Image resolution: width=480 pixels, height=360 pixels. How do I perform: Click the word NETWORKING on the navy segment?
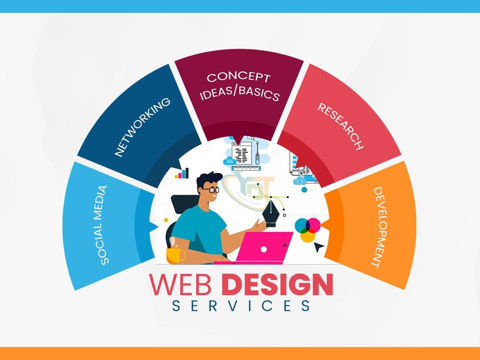142,127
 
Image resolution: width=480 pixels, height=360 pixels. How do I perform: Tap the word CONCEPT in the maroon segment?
238,77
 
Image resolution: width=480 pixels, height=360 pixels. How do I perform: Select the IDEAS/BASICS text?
239,94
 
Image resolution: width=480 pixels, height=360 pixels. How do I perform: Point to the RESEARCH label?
340,126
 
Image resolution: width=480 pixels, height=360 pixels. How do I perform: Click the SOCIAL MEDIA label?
99,225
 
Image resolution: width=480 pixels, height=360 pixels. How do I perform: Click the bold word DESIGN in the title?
277,284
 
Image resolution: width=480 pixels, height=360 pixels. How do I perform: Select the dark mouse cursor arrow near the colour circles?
318,246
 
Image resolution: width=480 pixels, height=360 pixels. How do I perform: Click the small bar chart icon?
181,173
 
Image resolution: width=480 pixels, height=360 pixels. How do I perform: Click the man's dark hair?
208,178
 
